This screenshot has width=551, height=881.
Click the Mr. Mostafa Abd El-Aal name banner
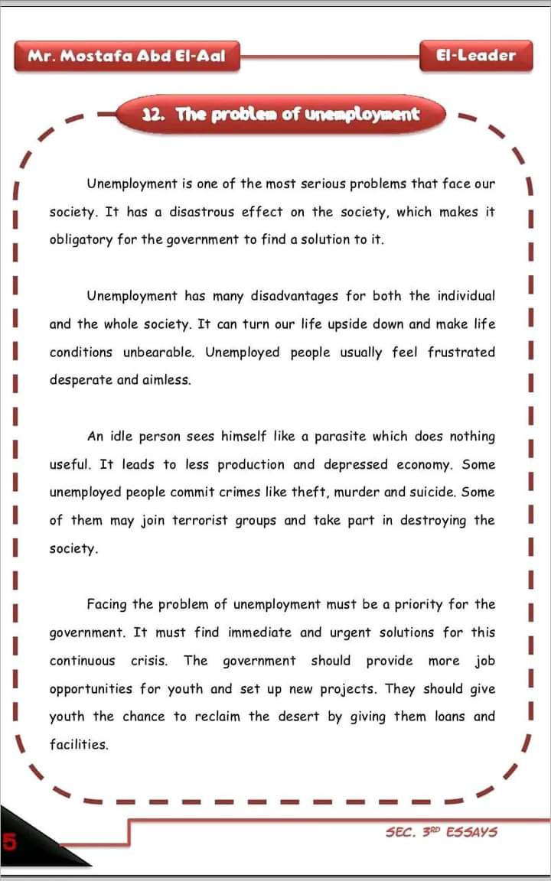tap(126, 56)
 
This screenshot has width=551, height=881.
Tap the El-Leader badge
tap(475, 56)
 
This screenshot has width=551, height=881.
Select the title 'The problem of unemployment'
tap(282, 115)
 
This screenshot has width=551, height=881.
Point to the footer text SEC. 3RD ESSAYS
tap(442, 831)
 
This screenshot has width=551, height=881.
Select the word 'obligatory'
tap(80, 240)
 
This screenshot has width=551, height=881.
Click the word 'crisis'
tap(149, 661)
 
